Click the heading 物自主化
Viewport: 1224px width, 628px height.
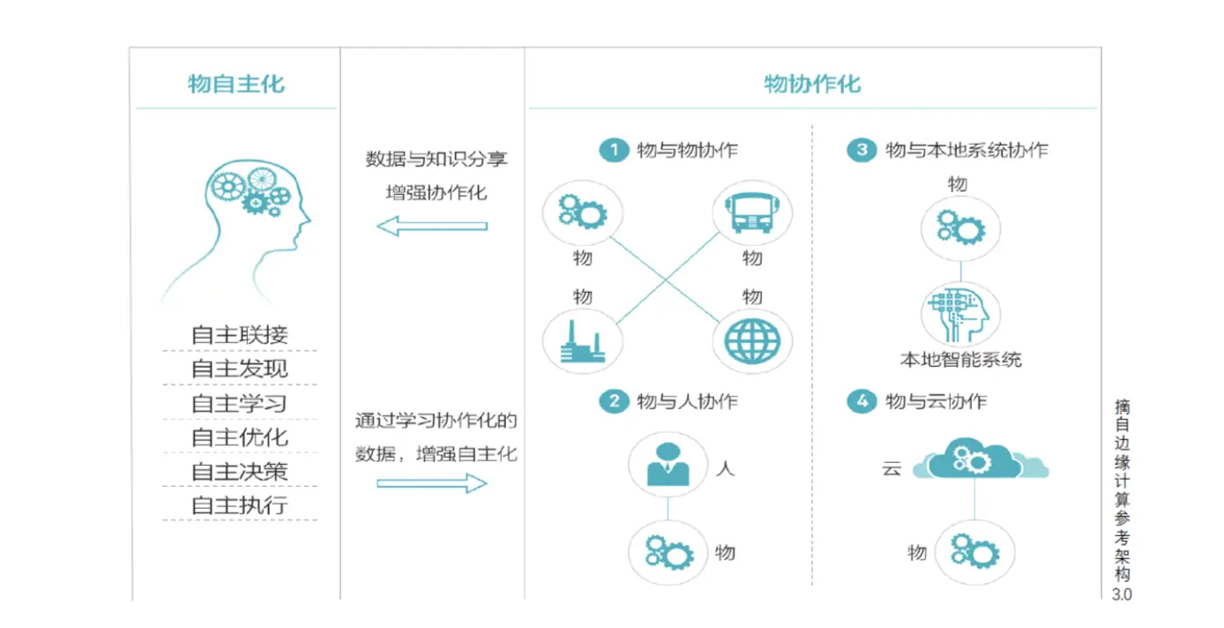[236, 84]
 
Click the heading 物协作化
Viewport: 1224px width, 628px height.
[811, 84]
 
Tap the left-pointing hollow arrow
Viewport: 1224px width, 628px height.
[431, 226]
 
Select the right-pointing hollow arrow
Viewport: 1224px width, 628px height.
[431, 483]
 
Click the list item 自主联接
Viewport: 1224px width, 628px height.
[240, 335]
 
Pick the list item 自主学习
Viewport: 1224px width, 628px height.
[240, 404]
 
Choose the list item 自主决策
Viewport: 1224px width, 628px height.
[240, 471]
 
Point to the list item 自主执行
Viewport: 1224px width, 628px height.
[240, 505]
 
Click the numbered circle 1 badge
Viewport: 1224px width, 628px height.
[612, 150]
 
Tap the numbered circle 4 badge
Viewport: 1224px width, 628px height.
[861, 402]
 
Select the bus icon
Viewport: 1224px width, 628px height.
[750, 213]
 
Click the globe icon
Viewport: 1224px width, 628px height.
[751, 341]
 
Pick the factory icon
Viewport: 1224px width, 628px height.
[582, 342]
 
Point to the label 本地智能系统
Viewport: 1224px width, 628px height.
[960, 360]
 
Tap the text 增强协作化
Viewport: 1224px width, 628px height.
[437, 192]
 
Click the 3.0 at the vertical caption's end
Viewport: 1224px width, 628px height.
[1122, 594]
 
